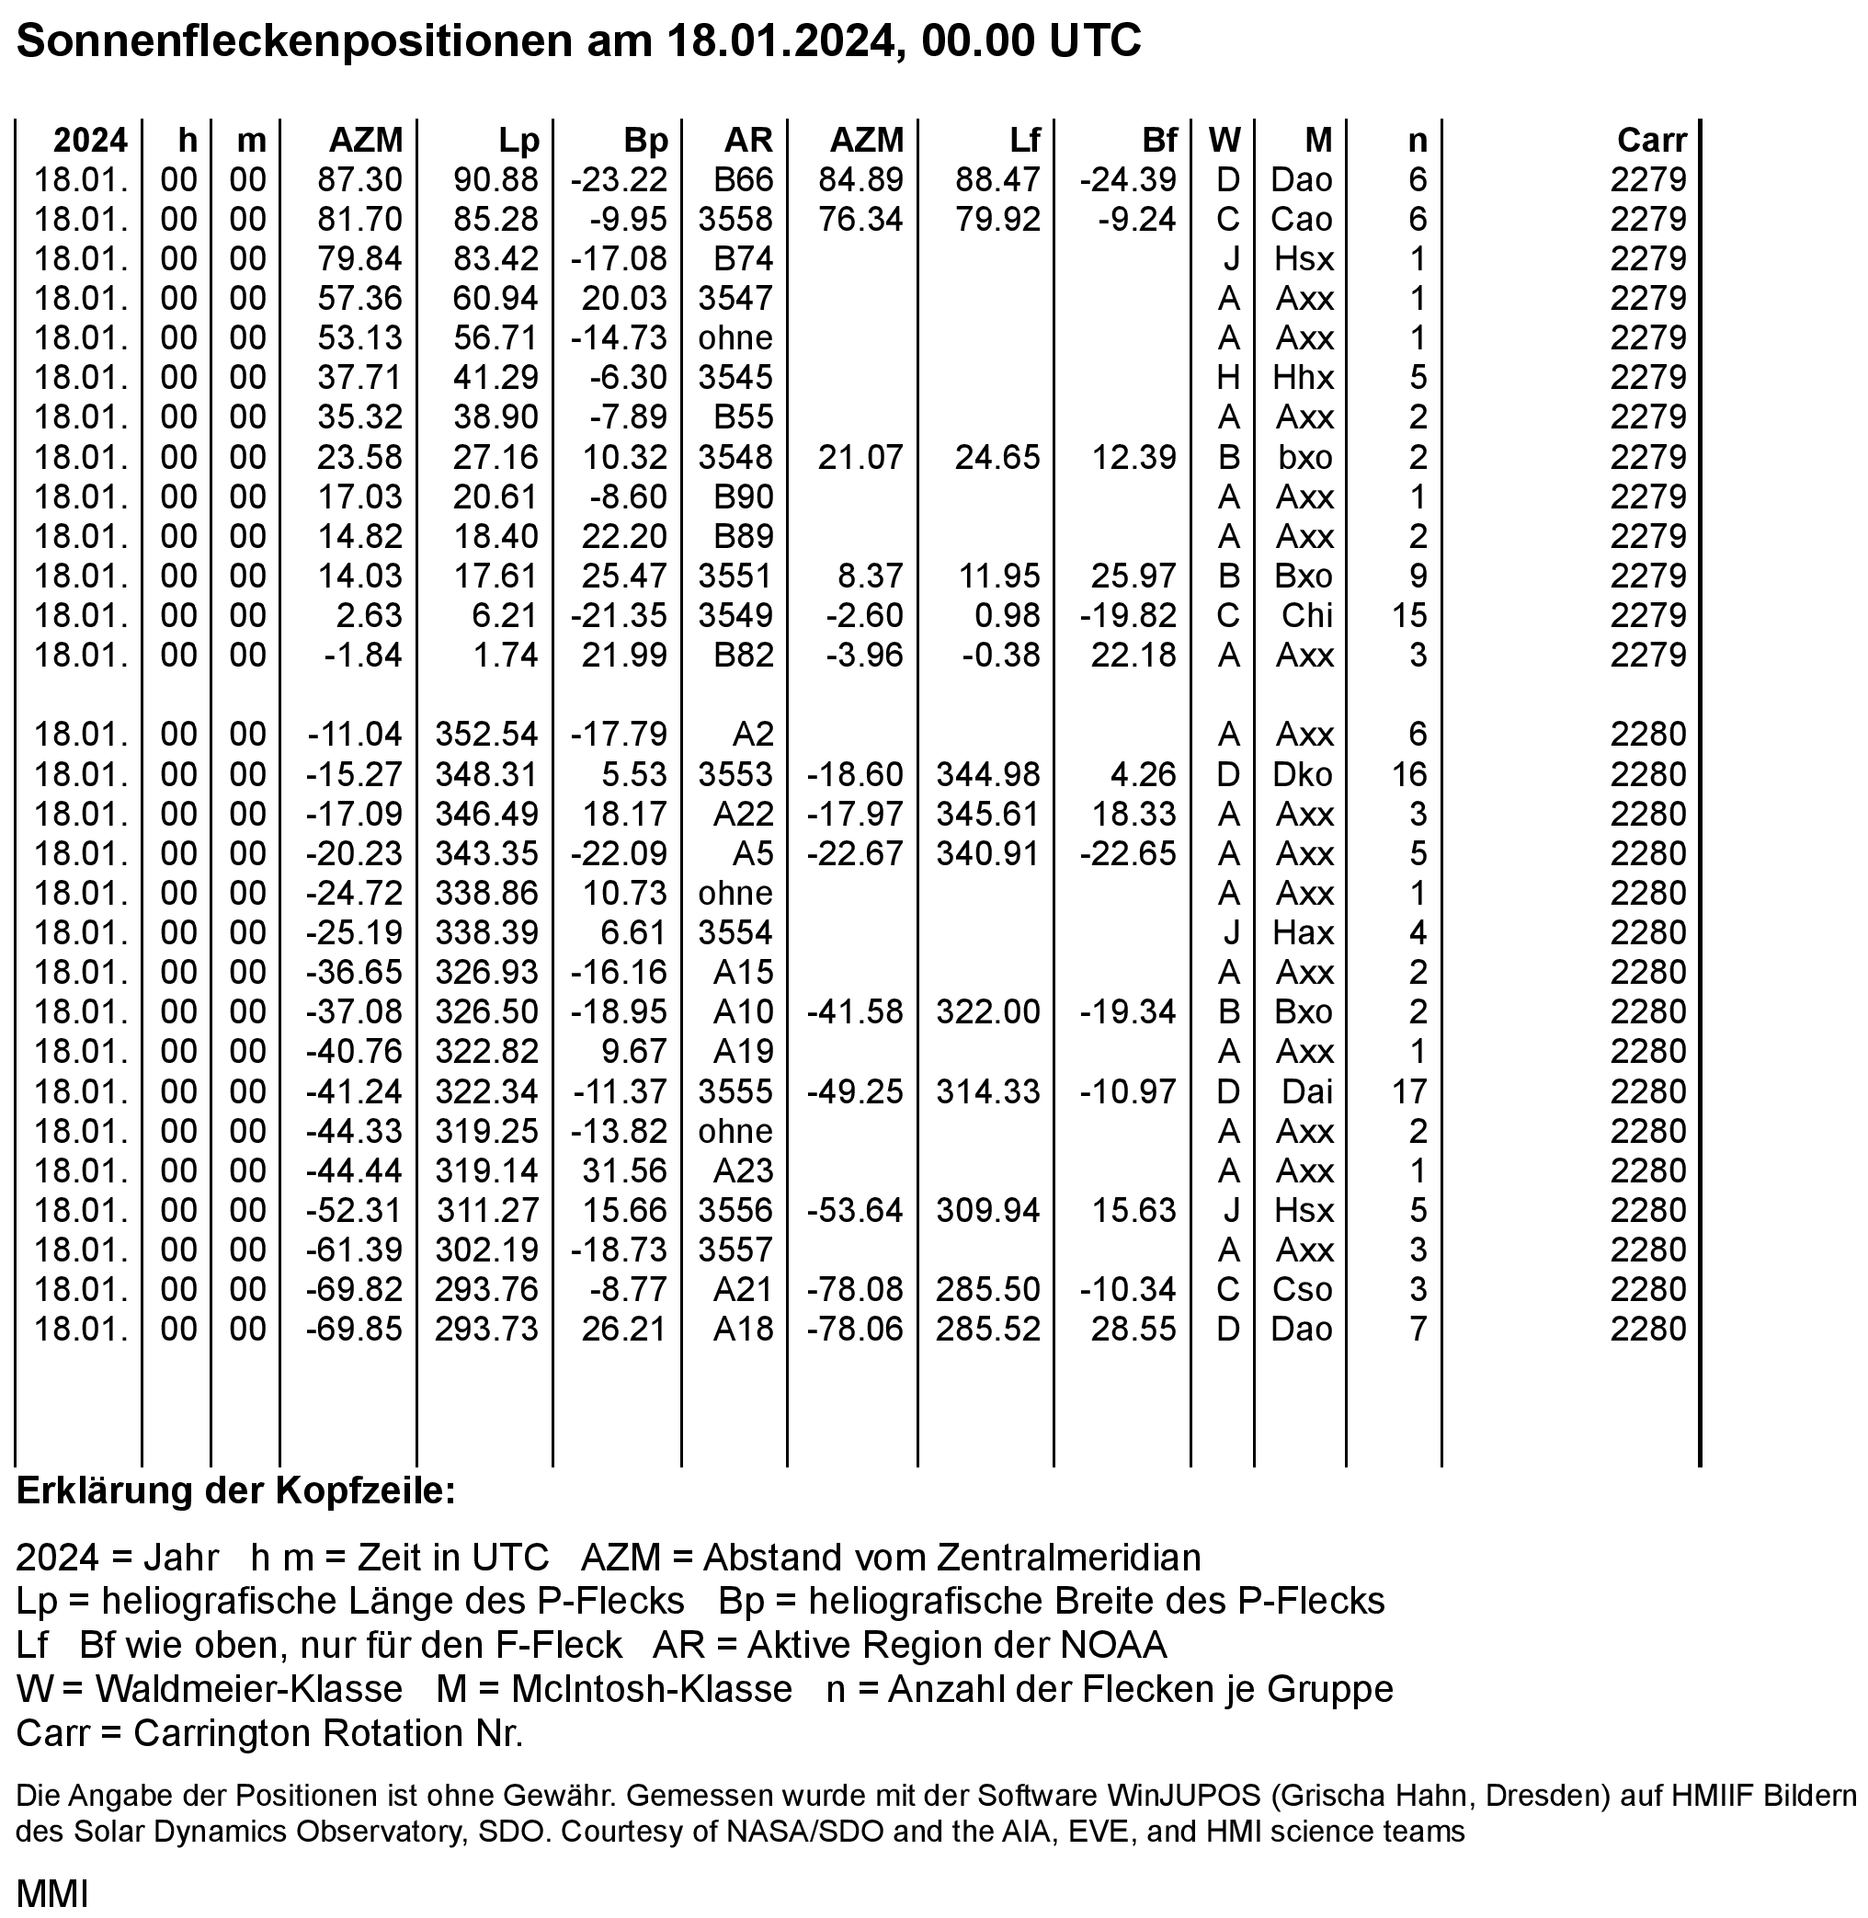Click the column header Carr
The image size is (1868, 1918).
(1651, 141)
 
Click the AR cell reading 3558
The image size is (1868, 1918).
(735, 219)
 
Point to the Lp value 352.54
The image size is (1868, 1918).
(486, 734)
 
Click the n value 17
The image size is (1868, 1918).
(1409, 1091)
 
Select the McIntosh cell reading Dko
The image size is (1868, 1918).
(1302, 774)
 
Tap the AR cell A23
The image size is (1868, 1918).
(743, 1170)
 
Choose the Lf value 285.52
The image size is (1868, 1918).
(987, 1329)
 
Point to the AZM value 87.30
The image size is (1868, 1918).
(359, 179)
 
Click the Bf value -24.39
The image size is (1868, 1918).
(1127, 179)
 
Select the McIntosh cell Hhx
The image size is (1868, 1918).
(1303, 378)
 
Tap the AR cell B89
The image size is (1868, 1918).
(743, 536)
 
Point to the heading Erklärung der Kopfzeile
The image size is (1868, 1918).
(235, 1490)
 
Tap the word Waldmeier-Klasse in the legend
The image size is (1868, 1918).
(248, 1688)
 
